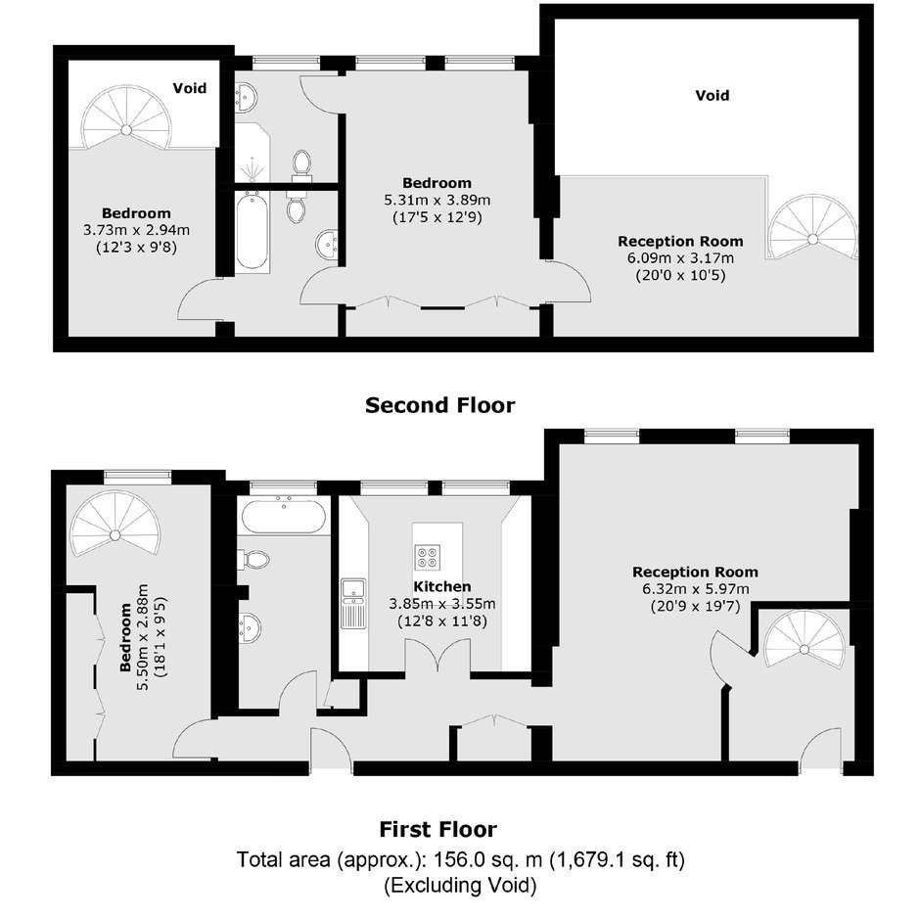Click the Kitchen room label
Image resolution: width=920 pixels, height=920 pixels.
pyautogui.click(x=441, y=586)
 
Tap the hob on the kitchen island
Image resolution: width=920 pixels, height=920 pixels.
pyautogui.click(x=427, y=558)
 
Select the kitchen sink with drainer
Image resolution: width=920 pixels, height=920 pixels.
pyautogui.click(x=353, y=603)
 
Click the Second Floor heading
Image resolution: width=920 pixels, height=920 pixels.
pyautogui.click(x=440, y=405)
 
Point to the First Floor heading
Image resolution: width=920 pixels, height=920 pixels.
pyautogui.click(x=437, y=830)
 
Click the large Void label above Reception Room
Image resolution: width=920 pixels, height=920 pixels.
pyautogui.click(x=713, y=95)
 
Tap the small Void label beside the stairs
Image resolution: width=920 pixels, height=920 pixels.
pyautogui.click(x=190, y=88)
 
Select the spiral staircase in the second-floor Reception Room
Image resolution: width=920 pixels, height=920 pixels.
pyautogui.click(x=812, y=229)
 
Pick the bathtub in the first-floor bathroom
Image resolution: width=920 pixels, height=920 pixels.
pyautogui.click(x=284, y=515)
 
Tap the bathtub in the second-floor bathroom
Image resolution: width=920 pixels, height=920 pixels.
pyautogui.click(x=253, y=232)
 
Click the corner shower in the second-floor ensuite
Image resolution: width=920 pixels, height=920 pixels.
pyautogui.click(x=253, y=153)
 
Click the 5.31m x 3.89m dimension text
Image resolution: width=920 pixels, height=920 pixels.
pyautogui.click(x=437, y=200)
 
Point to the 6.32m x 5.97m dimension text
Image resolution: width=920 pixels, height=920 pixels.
pyautogui.click(x=696, y=589)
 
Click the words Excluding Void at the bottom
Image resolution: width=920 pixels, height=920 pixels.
pyautogui.click(x=461, y=885)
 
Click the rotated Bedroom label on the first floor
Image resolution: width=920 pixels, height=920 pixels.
pyautogui.click(x=125, y=637)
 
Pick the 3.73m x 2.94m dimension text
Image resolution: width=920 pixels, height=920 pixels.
pyautogui.click(x=136, y=231)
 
